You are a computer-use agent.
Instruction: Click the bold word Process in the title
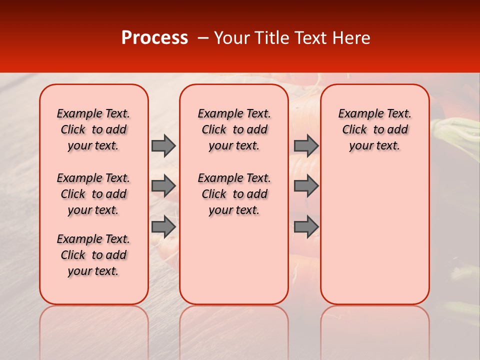tap(154, 38)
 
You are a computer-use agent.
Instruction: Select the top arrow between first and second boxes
tap(163, 145)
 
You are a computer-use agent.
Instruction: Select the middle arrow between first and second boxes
tap(163, 186)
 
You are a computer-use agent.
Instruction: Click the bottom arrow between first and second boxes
tap(163, 226)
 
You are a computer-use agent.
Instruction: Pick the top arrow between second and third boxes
tap(306, 145)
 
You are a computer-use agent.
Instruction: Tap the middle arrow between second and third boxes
tap(306, 186)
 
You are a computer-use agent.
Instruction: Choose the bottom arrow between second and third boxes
tap(306, 226)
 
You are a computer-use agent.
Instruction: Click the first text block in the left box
tap(93, 129)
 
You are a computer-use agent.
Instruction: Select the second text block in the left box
tap(93, 194)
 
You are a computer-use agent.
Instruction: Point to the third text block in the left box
tap(93, 255)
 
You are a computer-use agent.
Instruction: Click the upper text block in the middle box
tap(234, 129)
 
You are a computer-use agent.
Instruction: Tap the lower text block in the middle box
tap(234, 194)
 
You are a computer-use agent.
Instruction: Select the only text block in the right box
tap(374, 129)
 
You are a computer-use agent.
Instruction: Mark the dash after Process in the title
tap(202, 38)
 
